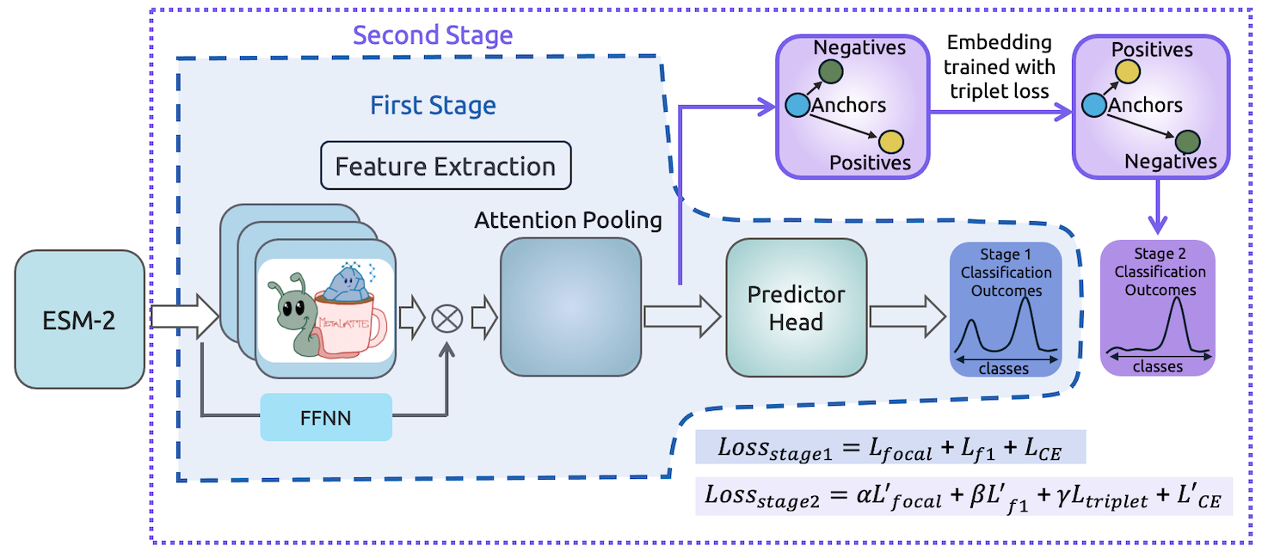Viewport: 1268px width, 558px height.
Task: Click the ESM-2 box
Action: (79, 319)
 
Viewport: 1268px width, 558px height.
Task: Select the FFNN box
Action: (326, 417)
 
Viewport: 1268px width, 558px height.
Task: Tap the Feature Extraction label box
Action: (445, 166)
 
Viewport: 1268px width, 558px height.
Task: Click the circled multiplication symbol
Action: (447, 318)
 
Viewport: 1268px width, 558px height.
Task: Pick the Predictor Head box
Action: (796, 308)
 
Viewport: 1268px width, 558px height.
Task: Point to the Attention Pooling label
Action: (568, 220)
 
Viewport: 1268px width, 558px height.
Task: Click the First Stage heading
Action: (433, 106)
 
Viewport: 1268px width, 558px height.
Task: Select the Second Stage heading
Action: (433, 35)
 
